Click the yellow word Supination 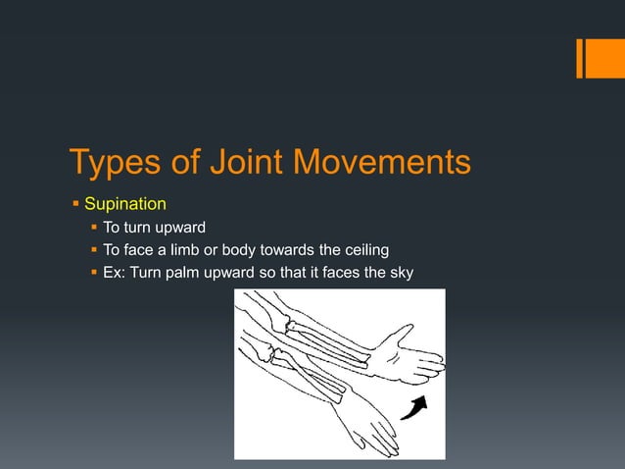125,205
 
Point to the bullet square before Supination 74,205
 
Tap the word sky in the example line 400,271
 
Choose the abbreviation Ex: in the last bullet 116,271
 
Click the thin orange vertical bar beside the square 578,59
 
